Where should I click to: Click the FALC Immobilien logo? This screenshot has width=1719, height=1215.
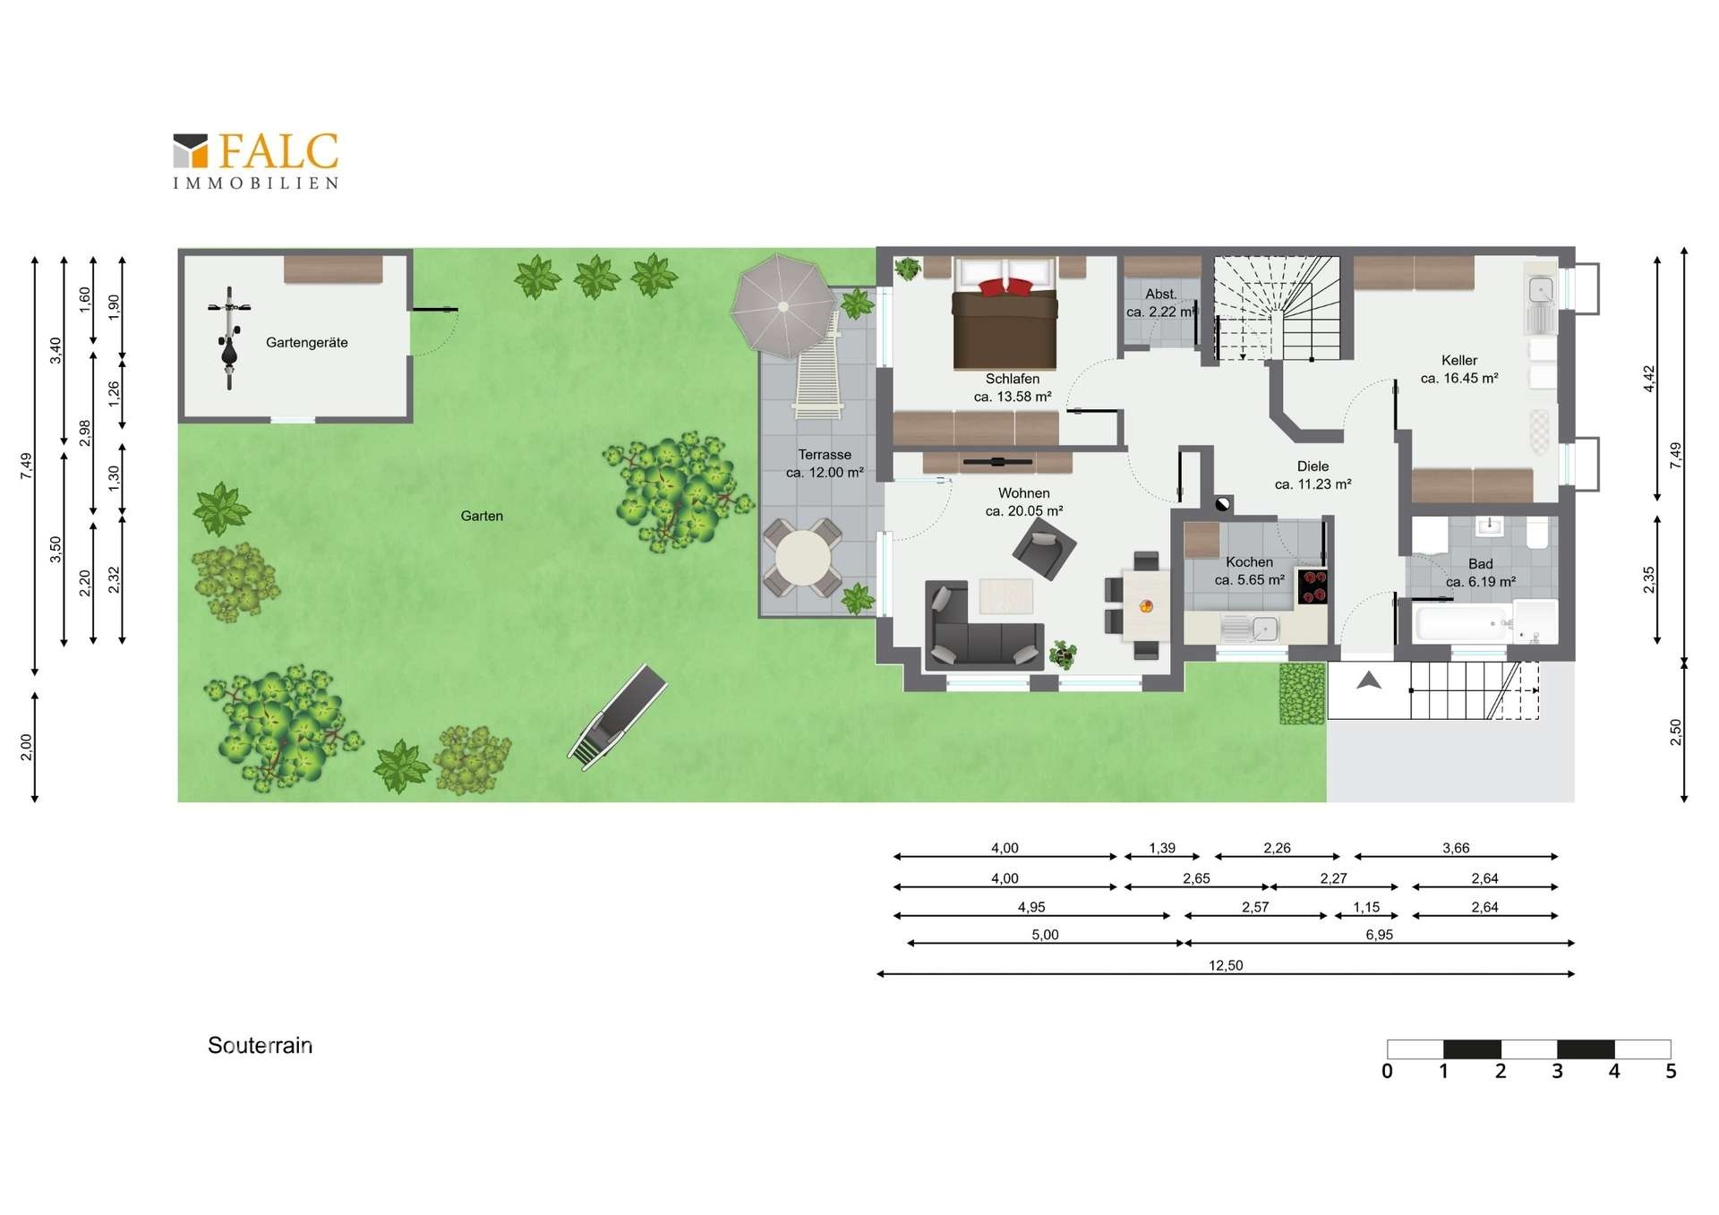click(256, 161)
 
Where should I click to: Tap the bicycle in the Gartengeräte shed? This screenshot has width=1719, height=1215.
click(229, 338)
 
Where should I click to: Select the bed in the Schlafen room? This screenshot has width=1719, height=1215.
click(1005, 313)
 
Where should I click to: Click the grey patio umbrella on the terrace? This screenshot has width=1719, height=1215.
click(783, 306)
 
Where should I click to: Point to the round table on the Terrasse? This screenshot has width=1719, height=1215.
click(803, 558)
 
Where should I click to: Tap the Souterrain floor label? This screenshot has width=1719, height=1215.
click(260, 1046)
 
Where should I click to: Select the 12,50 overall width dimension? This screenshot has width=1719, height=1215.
click(1226, 965)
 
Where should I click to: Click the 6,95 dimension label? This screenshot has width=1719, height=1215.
click(1380, 935)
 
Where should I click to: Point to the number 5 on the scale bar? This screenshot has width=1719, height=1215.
click(1671, 1072)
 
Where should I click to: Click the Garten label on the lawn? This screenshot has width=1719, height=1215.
click(482, 516)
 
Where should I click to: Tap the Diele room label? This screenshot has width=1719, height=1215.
click(1313, 466)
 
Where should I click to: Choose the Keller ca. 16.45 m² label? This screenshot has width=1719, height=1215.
click(1459, 370)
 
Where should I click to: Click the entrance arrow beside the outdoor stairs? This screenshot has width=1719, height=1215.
click(1369, 681)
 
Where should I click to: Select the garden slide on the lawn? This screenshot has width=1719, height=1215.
click(618, 716)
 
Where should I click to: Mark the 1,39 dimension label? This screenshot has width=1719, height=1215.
click(1162, 848)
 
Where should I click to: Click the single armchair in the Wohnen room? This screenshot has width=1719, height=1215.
click(1044, 549)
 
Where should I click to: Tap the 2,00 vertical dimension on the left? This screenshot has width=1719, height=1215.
click(26, 747)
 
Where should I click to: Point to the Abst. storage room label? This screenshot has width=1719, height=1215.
click(1161, 294)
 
